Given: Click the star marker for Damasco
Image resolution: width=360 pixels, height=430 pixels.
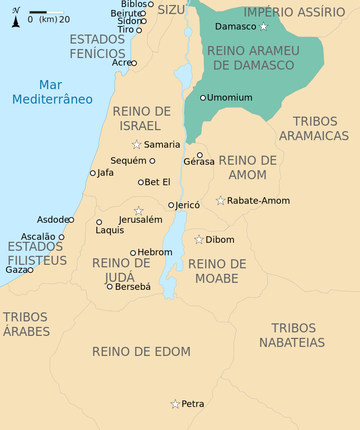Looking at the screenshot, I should [263, 27].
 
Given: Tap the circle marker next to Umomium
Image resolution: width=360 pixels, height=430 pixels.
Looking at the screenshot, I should [203, 98].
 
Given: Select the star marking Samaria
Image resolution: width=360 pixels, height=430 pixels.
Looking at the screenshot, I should [136, 145].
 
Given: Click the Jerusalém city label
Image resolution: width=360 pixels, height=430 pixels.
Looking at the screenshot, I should [140, 220].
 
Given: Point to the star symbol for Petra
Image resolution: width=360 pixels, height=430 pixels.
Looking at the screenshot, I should [175, 404].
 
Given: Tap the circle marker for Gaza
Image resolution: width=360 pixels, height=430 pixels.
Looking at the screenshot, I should [30, 270].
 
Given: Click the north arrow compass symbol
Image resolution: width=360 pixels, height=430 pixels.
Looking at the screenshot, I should [16, 18].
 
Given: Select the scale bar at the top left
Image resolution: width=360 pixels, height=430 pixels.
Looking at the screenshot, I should [46, 12].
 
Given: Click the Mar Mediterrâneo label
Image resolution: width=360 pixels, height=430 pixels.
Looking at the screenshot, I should [52, 92].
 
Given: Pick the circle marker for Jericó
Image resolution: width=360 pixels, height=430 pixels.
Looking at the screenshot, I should [171, 205].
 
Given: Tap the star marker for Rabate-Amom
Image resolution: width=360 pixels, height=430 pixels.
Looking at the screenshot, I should [220, 201].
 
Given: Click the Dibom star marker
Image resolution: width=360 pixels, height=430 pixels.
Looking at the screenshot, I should [199, 240].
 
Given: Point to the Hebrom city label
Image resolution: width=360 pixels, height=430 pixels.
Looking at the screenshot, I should [154, 252].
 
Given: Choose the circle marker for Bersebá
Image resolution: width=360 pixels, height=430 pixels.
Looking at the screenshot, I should [110, 286].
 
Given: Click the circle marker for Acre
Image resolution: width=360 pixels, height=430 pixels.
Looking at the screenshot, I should [133, 63].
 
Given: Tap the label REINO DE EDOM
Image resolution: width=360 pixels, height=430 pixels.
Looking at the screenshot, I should [141, 352].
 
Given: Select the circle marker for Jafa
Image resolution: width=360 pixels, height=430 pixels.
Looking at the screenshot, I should [92, 173].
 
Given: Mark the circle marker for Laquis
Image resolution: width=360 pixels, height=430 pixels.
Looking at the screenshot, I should [99, 222].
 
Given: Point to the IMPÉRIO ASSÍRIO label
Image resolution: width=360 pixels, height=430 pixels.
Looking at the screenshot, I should [294, 13].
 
